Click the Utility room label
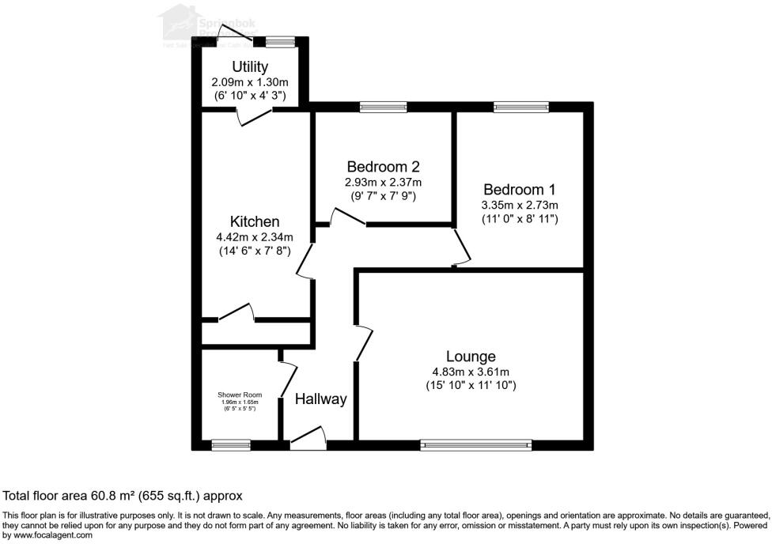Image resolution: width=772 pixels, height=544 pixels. pyautogui.click(x=250, y=66)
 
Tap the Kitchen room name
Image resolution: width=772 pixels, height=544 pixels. pyautogui.click(x=254, y=221)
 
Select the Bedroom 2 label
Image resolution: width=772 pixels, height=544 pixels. pyautogui.click(x=383, y=167)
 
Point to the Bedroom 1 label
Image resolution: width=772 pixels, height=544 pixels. pyautogui.click(x=520, y=190)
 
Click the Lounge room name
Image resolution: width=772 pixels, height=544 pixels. pyautogui.click(x=471, y=357)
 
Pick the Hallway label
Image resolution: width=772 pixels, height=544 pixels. pyautogui.click(x=321, y=399)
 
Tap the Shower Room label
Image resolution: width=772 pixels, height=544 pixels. pyautogui.click(x=240, y=395)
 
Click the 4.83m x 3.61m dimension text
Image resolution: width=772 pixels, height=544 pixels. pyautogui.click(x=471, y=372)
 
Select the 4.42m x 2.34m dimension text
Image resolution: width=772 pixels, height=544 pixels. pyautogui.click(x=255, y=236)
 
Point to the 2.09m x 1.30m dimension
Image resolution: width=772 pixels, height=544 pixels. pyautogui.click(x=250, y=81)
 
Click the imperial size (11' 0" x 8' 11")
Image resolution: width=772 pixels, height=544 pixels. pyautogui.click(x=520, y=219)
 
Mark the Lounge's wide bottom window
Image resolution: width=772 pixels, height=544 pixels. pyautogui.click(x=476, y=445)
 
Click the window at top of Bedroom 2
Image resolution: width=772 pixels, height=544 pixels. pyautogui.click(x=383, y=107)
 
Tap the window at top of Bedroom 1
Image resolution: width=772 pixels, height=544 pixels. pyautogui.click(x=521, y=107)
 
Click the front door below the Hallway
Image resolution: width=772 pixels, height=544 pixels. pyautogui.click(x=308, y=440)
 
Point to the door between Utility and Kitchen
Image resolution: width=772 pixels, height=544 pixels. pyautogui.click(x=255, y=117)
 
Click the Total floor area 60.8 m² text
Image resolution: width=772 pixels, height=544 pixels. pyautogui.click(x=123, y=496)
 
